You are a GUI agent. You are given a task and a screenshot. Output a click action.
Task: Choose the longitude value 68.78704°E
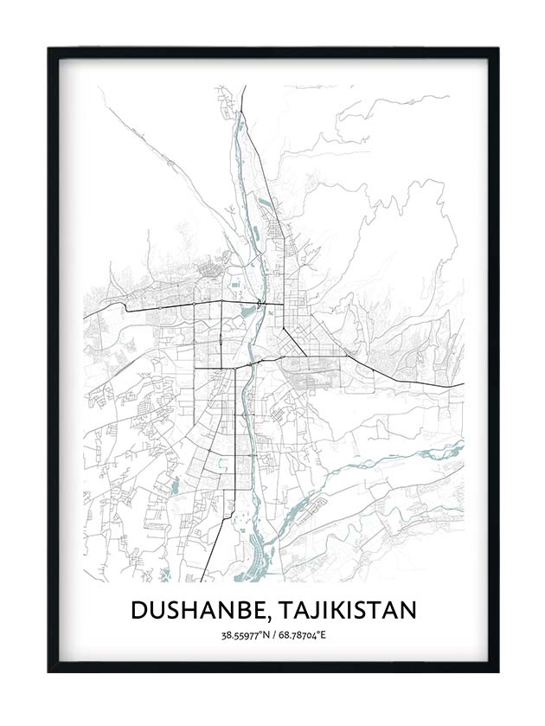point(304,637)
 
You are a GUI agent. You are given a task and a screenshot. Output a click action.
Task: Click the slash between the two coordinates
point(273,637)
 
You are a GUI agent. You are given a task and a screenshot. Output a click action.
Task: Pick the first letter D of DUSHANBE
point(139,610)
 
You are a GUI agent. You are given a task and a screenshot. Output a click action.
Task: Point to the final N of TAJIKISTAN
point(407,610)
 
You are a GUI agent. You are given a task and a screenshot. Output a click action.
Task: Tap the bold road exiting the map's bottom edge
point(202,579)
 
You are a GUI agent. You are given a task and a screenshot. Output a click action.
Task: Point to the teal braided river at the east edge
point(458,449)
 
